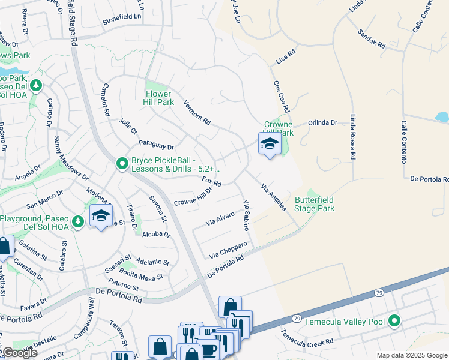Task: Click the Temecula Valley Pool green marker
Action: click(394, 322)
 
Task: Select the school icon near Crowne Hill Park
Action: click(270, 144)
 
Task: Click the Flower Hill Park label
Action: click(160, 98)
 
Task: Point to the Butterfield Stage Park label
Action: click(314, 204)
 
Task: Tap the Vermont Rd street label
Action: click(197, 112)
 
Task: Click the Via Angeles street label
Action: click(273, 197)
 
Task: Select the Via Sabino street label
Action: click(246, 215)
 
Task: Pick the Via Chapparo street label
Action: click(228, 250)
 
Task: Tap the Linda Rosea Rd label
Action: click(353, 137)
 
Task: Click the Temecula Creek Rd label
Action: click(309, 342)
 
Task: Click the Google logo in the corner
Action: click(19, 353)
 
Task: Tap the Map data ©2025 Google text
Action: click(411, 355)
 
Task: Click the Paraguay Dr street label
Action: click(156, 145)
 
